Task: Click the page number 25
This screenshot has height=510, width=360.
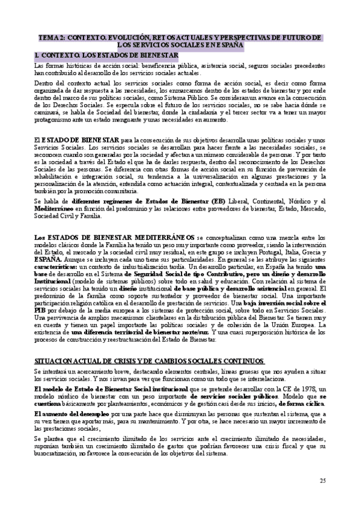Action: pos(322,480)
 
